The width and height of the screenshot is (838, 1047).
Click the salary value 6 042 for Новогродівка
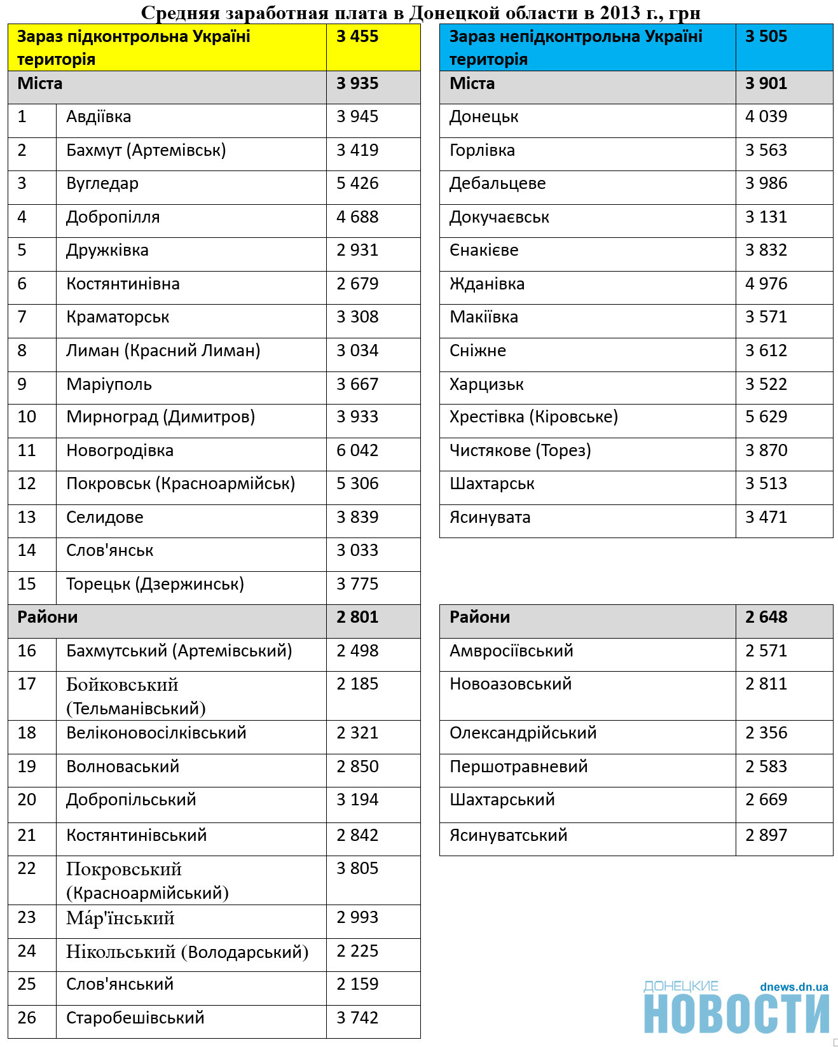(x=357, y=451)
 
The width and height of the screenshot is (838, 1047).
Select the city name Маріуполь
(x=109, y=385)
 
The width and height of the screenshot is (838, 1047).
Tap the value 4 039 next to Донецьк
(x=766, y=117)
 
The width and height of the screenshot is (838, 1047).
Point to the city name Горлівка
(x=482, y=151)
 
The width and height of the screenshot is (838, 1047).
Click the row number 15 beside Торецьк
(x=27, y=585)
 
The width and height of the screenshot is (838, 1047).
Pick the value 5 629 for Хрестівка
(x=766, y=417)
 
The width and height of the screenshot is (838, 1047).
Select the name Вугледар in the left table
(x=102, y=184)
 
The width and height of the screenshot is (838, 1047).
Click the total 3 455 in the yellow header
(x=357, y=37)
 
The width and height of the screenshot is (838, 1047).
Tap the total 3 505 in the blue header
(x=766, y=37)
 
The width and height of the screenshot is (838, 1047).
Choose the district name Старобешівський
(x=135, y=1018)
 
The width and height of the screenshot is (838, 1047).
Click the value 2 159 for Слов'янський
(x=357, y=985)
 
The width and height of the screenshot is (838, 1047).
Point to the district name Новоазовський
(x=511, y=684)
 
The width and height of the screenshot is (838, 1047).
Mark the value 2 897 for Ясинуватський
(x=766, y=836)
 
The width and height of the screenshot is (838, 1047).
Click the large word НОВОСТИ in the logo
(x=736, y=1014)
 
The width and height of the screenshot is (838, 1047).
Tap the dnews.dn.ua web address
(x=793, y=987)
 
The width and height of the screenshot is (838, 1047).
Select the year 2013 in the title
(x=619, y=13)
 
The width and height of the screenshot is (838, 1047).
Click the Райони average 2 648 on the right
(x=766, y=618)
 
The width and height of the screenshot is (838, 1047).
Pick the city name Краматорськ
(x=118, y=317)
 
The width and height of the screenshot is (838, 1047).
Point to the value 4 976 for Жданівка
(x=766, y=284)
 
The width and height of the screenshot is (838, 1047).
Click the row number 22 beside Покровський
(x=27, y=869)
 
